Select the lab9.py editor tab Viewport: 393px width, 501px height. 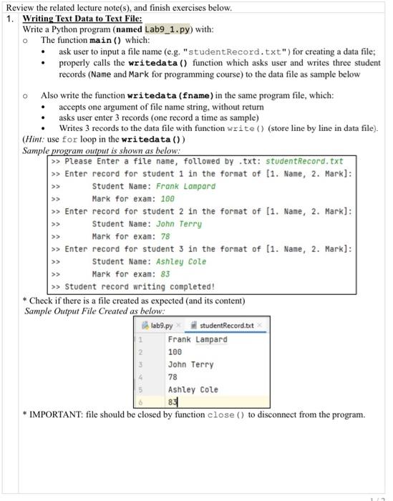pos(161,326)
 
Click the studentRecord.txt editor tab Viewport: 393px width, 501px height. pos(227,326)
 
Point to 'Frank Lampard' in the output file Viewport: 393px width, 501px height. pos(197,339)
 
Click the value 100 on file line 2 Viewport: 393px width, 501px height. pos(175,352)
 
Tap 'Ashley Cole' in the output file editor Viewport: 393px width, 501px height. pos(193,389)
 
